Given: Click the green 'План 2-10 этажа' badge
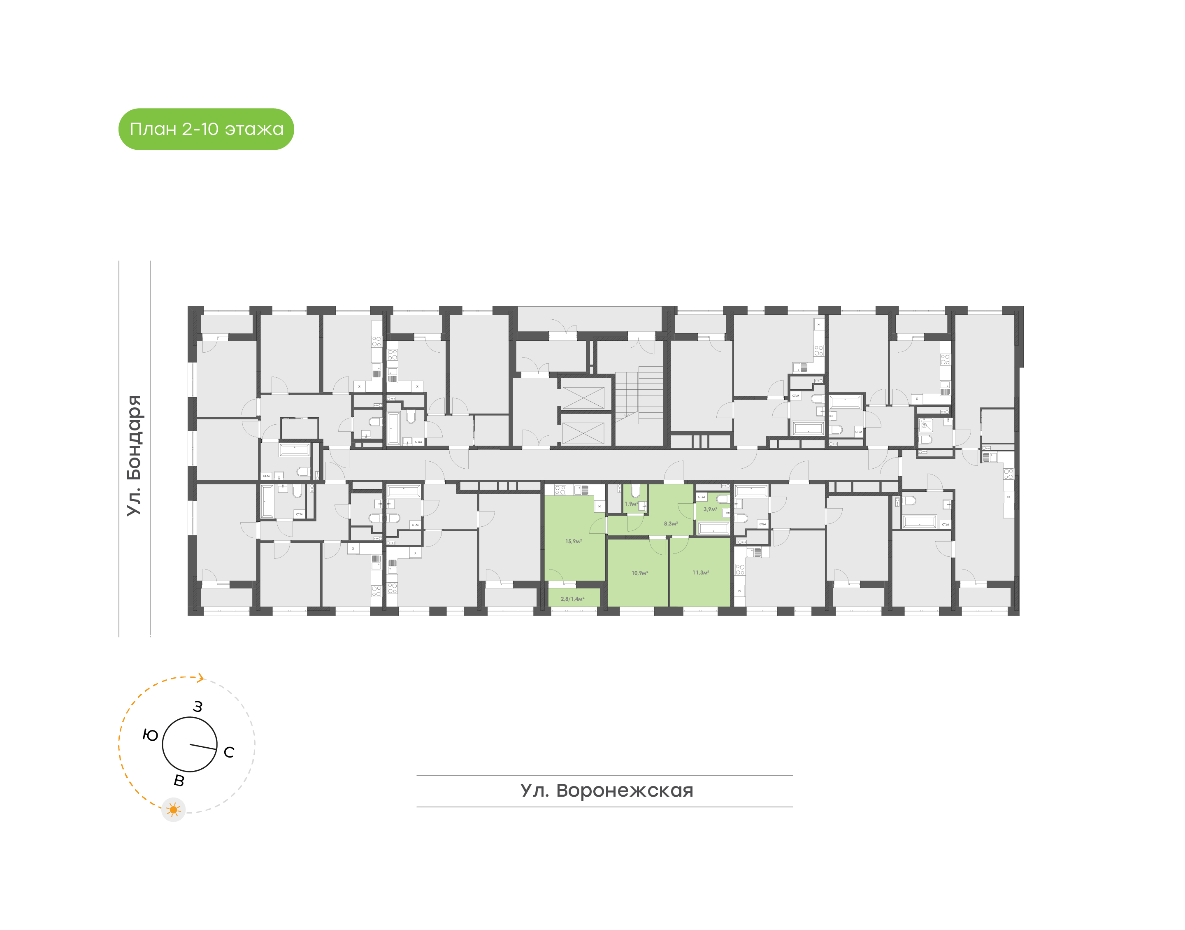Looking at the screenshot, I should click(206, 129).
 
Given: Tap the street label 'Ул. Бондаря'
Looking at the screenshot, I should click(134, 455).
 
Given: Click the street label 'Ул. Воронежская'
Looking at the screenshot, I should click(606, 790).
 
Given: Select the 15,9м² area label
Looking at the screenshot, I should click(573, 541).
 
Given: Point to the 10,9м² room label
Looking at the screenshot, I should click(639, 573).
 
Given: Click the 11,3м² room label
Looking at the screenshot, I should click(701, 572).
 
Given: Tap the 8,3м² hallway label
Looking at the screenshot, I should click(671, 523).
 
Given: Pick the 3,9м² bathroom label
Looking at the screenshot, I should click(710, 509).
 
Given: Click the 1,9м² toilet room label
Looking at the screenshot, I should click(631, 504).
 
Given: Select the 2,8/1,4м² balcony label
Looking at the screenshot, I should click(572, 598).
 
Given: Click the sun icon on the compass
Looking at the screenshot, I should click(174, 810).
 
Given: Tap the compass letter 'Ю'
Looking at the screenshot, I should click(150, 735).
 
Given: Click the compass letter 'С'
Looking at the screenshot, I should click(229, 752).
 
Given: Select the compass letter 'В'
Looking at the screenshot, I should click(179, 780).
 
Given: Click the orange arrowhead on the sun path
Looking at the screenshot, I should click(201, 678).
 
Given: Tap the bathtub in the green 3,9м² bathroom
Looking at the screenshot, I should click(713, 528).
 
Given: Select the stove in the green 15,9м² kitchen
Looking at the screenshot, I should click(560, 490).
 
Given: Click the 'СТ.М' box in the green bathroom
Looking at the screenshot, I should click(702, 497).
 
